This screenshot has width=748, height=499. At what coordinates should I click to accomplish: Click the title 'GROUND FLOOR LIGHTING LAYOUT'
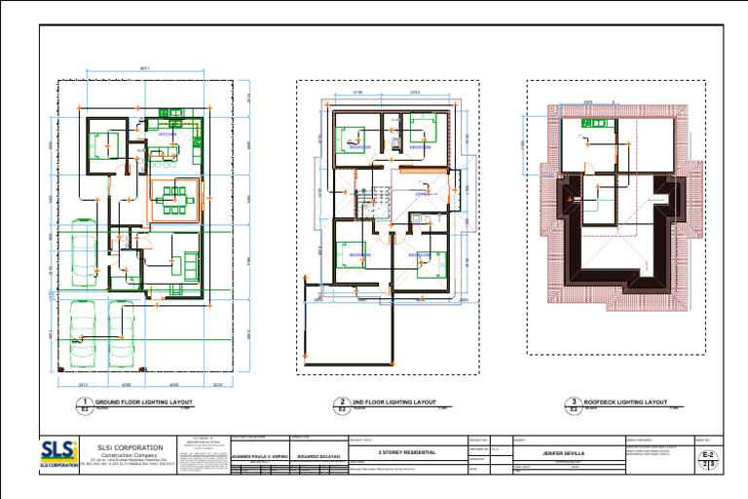(143, 402)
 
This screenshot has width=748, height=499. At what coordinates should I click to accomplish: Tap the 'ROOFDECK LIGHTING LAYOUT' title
(624, 402)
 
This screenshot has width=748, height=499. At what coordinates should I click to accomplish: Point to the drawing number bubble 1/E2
(86, 404)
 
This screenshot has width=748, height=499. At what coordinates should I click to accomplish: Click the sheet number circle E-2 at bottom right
(708, 458)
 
